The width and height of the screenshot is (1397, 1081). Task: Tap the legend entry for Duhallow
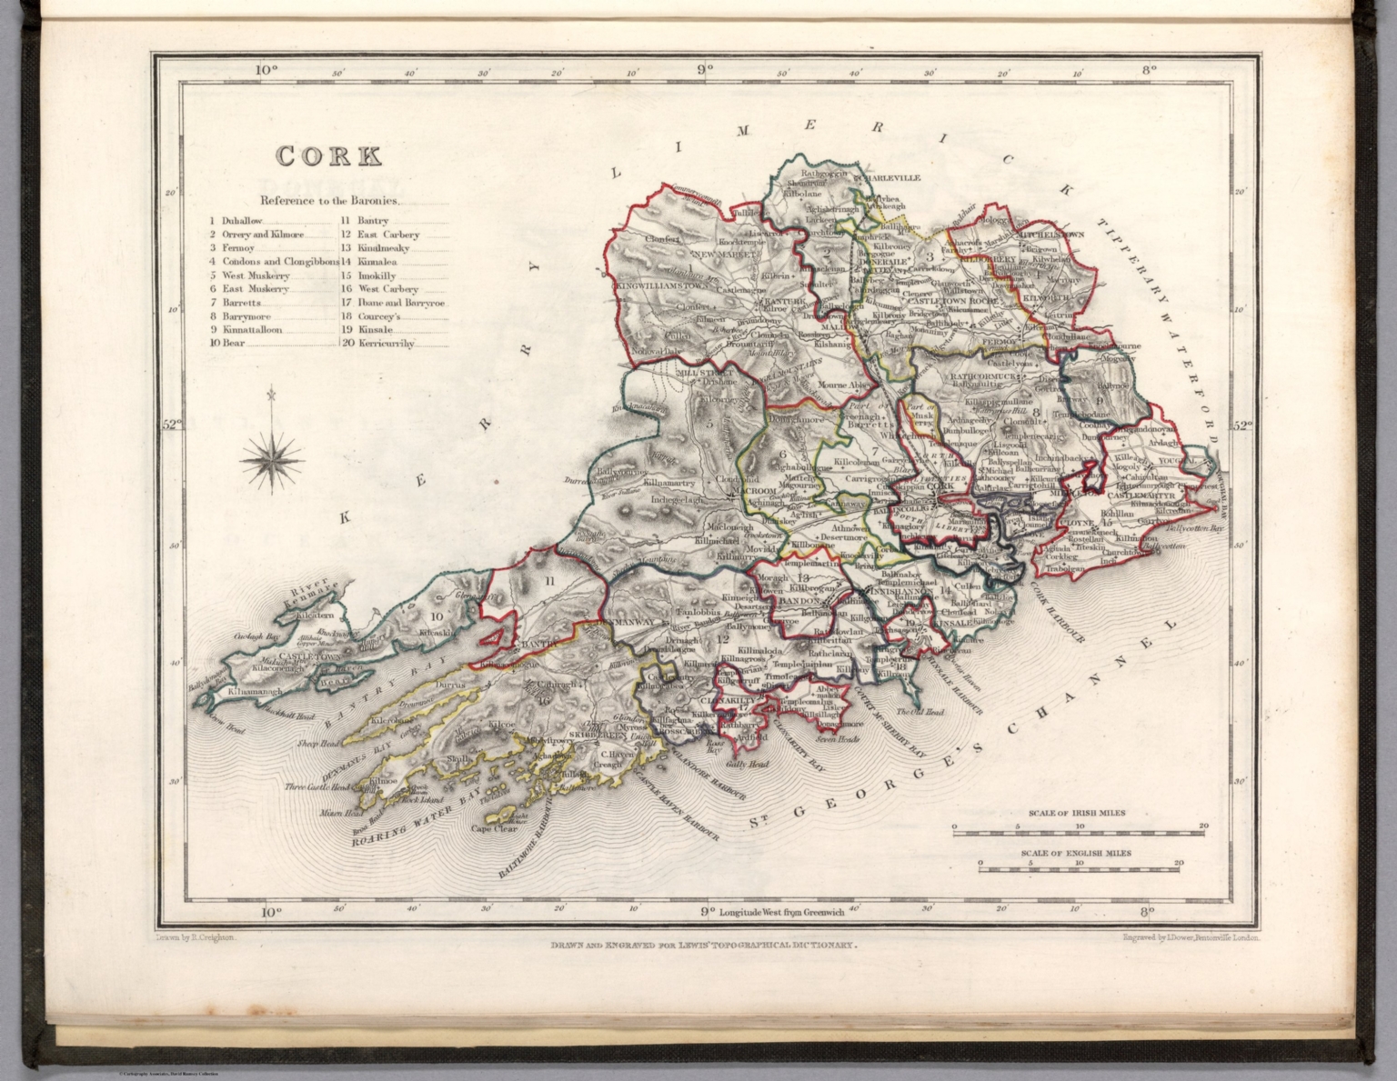(x=242, y=221)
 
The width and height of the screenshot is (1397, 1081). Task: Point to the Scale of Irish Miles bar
(x=1079, y=828)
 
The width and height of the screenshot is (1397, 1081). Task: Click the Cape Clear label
(x=492, y=828)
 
